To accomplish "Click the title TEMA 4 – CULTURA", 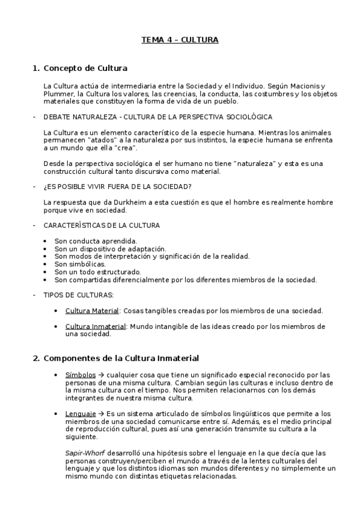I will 180,40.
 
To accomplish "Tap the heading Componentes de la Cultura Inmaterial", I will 121,358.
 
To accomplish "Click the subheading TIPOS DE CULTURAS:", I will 79,295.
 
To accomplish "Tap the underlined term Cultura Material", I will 92,310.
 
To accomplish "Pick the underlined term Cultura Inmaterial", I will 95,327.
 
